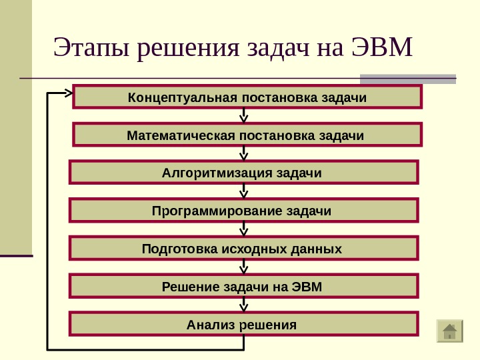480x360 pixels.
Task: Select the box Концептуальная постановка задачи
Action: click(x=247, y=97)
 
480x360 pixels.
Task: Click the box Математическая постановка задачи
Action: click(x=247, y=135)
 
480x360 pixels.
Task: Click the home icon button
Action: click(x=449, y=331)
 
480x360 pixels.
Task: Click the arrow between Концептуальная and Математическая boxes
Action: click(x=244, y=116)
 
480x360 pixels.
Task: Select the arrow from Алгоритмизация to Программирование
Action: click(x=244, y=191)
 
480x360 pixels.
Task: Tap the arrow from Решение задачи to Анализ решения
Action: click(x=244, y=305)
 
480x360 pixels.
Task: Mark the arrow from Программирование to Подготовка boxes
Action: click(x=244, y=229)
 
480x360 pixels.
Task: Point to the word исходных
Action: click(x=262, y=249)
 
